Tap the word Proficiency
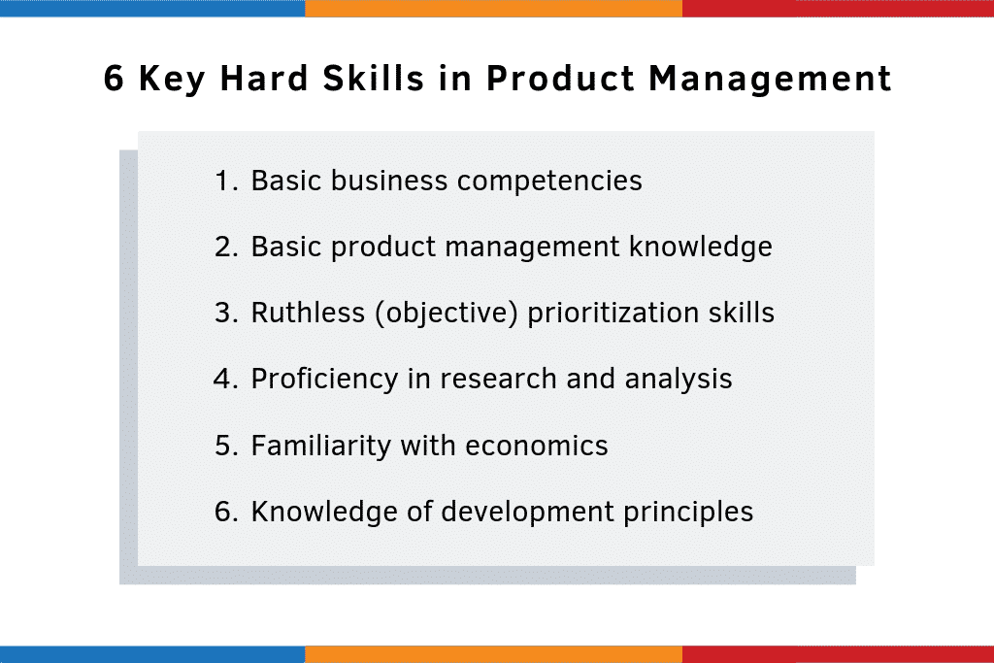click(325, 379)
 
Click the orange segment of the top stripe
click(493, 8)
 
